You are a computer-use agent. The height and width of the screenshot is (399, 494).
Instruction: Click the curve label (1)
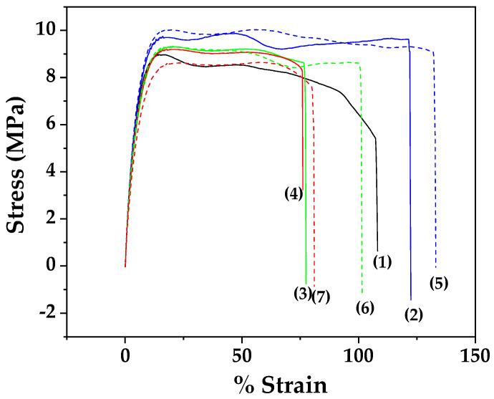tap(382, 262)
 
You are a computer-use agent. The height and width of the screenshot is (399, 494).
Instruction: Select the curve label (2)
tap(414, 314)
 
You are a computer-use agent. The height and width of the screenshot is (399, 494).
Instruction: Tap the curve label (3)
tap(303, 293)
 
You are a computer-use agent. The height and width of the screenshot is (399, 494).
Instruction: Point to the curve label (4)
tap(294, 193)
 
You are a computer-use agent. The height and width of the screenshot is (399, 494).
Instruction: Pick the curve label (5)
tap(439, 283)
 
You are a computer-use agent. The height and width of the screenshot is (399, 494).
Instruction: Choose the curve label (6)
tap(365, 308)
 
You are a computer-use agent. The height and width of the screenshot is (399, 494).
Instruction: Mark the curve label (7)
tap(320, 297)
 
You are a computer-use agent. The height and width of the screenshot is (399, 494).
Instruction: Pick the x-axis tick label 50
tap(241, 356)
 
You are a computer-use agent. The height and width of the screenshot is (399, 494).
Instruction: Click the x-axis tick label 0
tap(125, 356)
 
